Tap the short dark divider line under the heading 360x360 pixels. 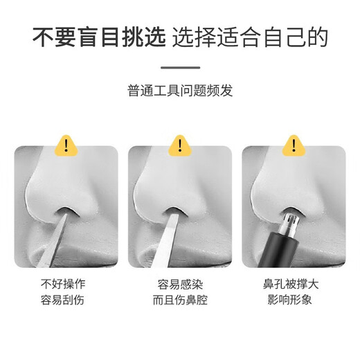[180, 67]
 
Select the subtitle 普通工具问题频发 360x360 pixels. [180, 91]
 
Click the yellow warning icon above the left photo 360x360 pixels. [67, 145]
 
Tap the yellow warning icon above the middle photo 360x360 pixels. [179, 145]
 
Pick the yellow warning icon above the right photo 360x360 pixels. [293, 145]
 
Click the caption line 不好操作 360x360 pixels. [66, 283]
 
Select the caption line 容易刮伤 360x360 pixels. [66, 300]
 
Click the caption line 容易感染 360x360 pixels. [179, 283]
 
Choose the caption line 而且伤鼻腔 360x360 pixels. [179, 300]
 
